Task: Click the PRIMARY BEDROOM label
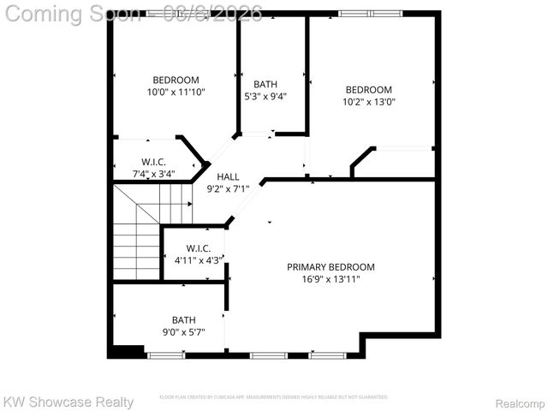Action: pos(331,266)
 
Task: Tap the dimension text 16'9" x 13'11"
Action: pos(331,278)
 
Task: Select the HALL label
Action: pos(228,176)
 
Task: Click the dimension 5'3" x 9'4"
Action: pos(265,96)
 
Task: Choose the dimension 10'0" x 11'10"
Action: pos(176,92)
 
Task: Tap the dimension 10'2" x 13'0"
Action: pos(369,101)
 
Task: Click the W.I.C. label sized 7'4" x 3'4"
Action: pos(154,162)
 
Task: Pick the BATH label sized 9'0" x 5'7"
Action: pos(183,319)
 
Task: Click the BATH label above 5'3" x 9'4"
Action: pos(265,84)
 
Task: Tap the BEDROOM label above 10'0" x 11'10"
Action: pos(176,80)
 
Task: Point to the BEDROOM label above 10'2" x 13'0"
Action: pos(369,89)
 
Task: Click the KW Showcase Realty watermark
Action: pos(68,402)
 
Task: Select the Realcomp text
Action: pos(520,402)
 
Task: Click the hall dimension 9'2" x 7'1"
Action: pos(228,188)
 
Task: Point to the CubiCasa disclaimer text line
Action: pos(274,397)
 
